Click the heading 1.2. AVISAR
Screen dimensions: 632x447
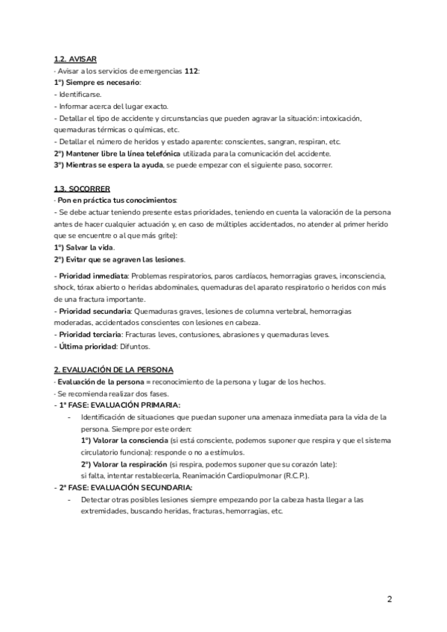coord(75,59)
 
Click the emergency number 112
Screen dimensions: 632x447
coord(191,71)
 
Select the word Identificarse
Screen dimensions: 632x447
coord(80,95)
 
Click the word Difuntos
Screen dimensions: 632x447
coord(135,347)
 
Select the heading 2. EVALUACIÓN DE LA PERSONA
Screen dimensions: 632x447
coord(113,370)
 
